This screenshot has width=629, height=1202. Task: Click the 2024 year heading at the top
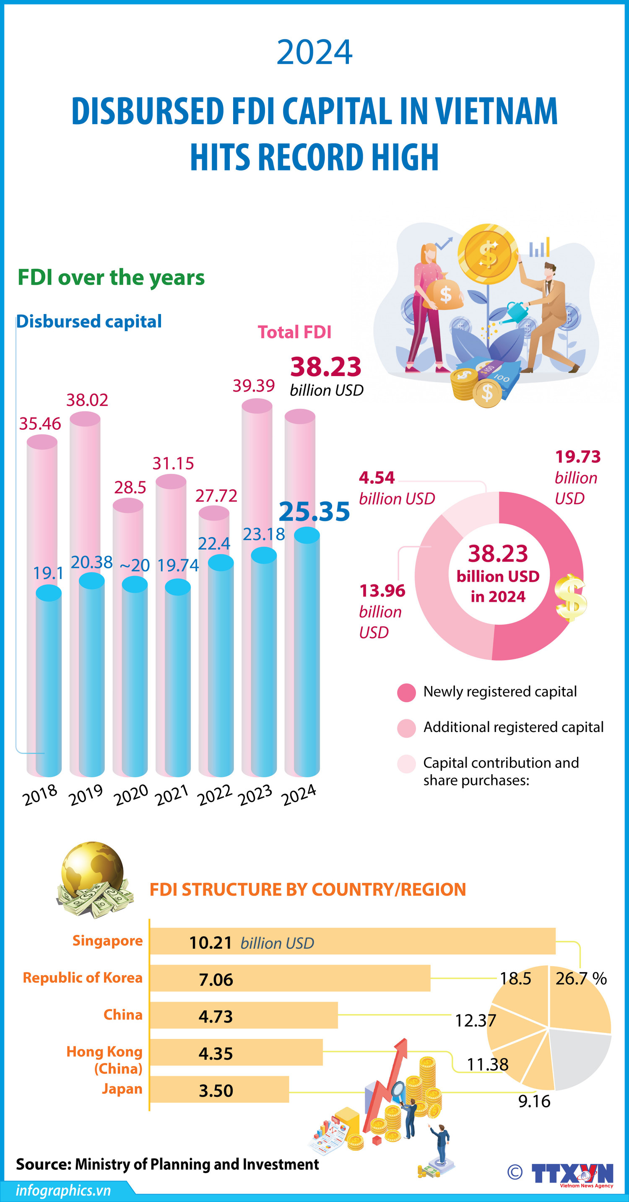click(x=314, y=52)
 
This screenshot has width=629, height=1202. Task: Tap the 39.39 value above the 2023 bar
click(x=253, y=385)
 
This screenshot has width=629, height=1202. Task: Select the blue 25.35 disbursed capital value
click(x=314, y=511)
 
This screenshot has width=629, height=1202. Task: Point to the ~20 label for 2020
click(x=134, y=565)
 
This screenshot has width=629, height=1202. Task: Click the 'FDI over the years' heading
click(x=111, y=277)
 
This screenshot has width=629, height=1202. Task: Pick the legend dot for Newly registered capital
click(x=406, y=693)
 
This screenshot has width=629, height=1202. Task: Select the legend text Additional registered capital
click(x=513, y=727)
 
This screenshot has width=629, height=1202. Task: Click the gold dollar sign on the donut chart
click(x=570, y=598)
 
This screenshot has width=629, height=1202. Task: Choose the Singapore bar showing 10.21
click(x=352, y=941)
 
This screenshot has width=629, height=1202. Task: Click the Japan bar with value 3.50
click(x=219, y=1090)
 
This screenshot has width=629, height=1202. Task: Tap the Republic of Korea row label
click(x=83, y=978)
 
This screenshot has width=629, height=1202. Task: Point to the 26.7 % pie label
click(x=580, y=979)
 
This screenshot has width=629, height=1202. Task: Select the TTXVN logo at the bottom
click(x=572, y=1173)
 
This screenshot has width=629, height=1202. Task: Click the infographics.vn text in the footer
click(x=63, y=1190)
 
